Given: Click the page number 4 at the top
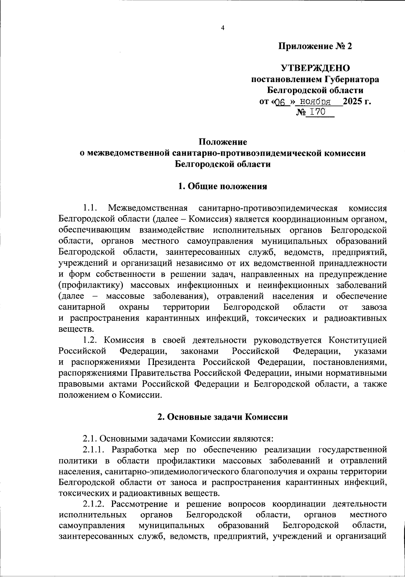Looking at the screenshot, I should (222, 28).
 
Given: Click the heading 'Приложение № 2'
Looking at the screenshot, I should (315, 46).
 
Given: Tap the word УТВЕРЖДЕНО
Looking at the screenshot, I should (316, 68).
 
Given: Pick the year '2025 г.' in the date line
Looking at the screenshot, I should (357, 101).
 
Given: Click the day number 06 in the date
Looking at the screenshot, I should (280, 102).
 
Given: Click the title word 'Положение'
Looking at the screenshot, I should (222, 141).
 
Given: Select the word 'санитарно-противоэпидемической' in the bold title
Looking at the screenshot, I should (246, 153).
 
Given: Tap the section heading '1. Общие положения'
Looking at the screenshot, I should (223, 186).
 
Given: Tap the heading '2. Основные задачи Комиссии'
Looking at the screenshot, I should (223, 417).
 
